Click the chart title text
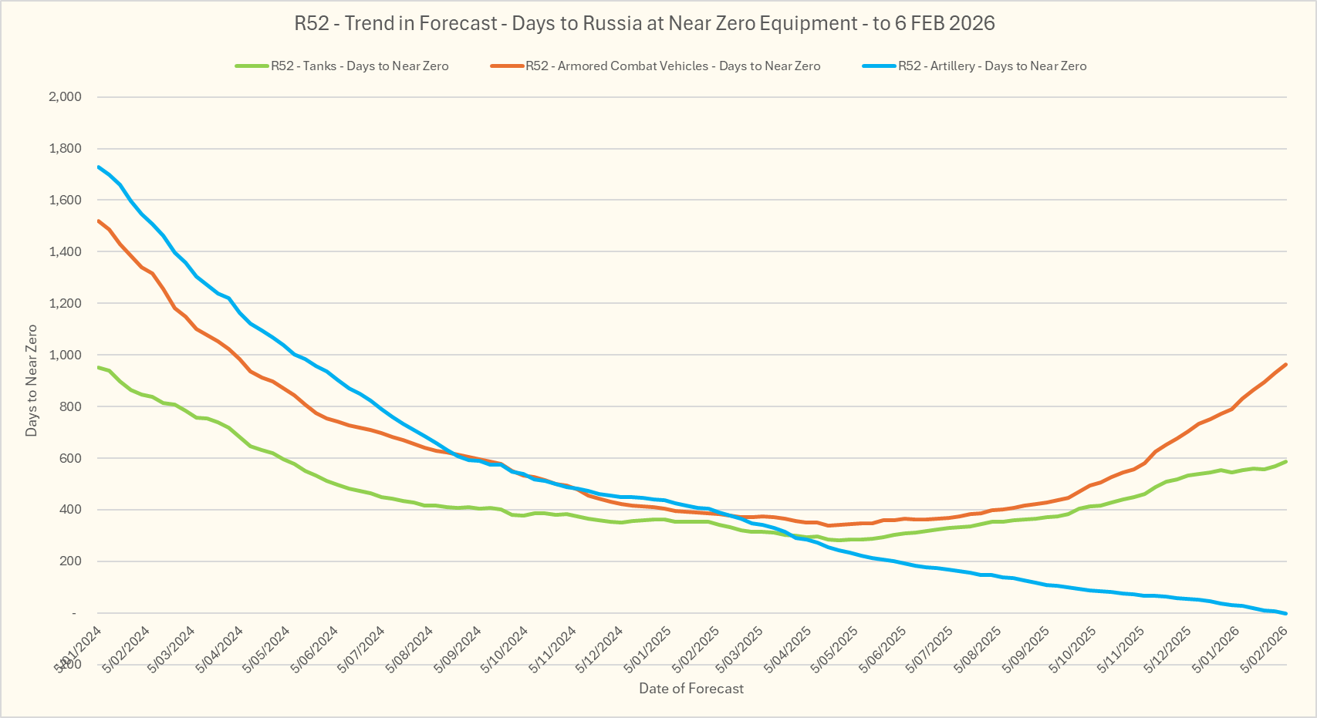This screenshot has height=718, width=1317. [x=644, y=23]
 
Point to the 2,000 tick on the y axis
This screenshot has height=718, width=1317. [x=65, y=97]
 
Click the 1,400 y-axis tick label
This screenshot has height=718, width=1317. [x=65, y=251]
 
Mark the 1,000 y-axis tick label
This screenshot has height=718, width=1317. [x=65, y=355]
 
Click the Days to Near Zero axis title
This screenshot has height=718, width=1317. [x=32, y=380]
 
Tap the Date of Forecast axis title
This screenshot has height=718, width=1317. [x=691, y=689]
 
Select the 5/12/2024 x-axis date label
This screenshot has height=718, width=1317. [x=599, y=649]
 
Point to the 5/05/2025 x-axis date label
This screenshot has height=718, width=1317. [x=836, y=649]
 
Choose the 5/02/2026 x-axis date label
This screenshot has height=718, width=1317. [x=1263, y=649]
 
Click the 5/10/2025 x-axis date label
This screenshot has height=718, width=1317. [x=1073, y=649]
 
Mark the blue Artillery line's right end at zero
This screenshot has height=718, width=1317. [x=1286, y=613]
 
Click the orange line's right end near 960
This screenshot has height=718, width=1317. [x=1286, y=364]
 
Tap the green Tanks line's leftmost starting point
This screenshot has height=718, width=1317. [x=98, y=367]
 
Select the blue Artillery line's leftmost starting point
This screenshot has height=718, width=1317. [x=98, y=167]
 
